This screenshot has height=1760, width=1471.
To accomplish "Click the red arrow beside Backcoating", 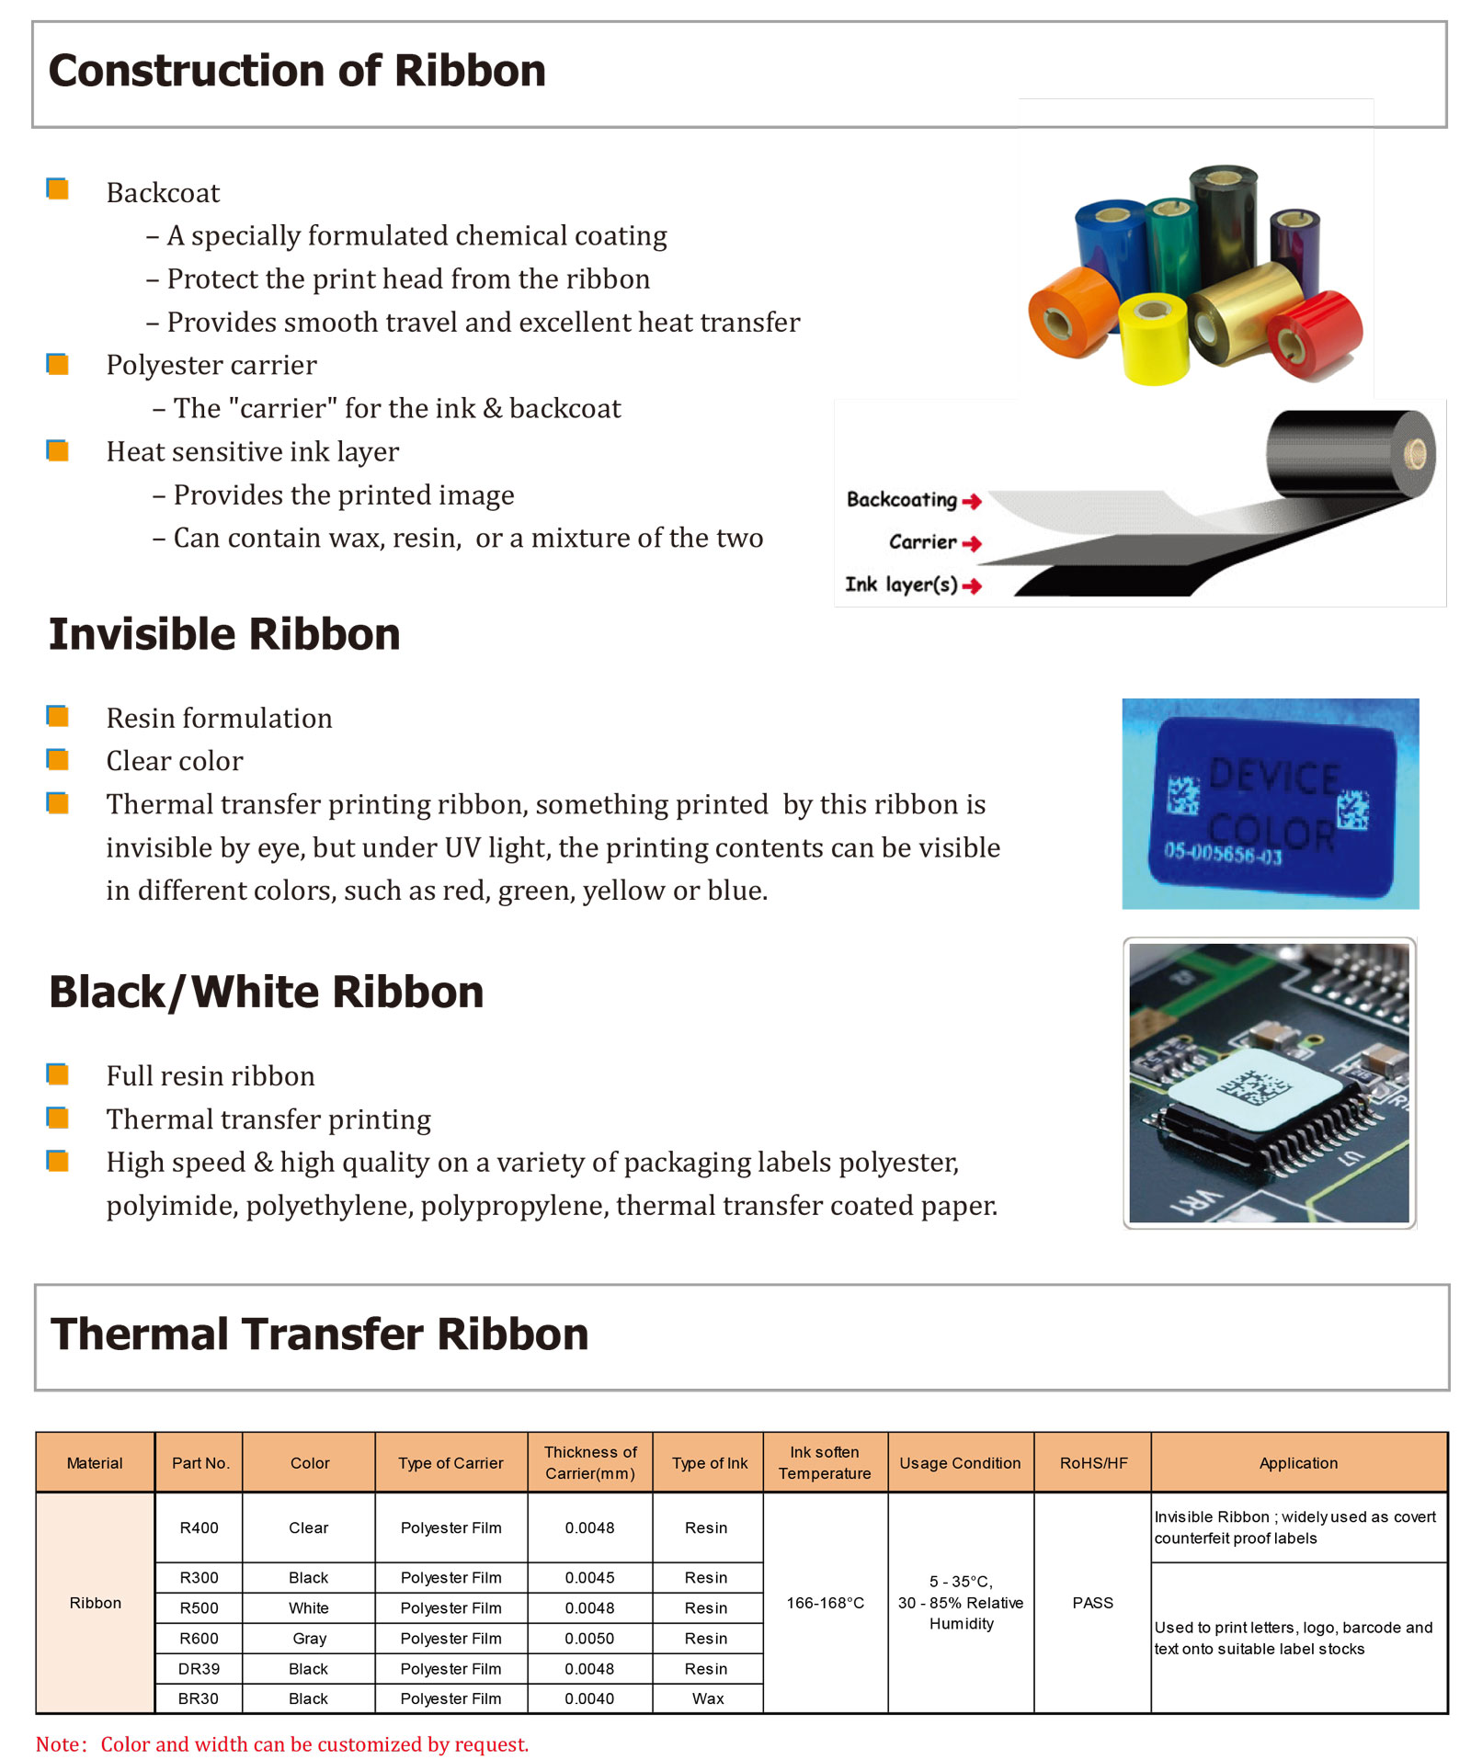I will (x=972, y=501).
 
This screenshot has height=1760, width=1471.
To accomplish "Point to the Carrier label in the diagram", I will (x=922, y=542).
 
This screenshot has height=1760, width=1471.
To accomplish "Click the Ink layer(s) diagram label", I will (x=901, y=585).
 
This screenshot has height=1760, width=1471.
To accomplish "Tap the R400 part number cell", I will (x=199, y=1527).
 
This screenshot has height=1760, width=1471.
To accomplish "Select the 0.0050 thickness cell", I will (x=589, y=1638).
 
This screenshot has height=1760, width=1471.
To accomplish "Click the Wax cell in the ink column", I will (x=707, y=1698).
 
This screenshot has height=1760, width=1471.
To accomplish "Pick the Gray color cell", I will (x=309, y=1638).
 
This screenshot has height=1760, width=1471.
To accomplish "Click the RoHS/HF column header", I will (x=1092, y=1462).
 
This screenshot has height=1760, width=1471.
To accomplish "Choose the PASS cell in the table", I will (x=1092, y=1602).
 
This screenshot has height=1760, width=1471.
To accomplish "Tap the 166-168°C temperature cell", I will (x=825, y=1602).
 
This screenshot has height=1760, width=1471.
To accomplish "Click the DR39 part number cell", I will (x=199, y=1668).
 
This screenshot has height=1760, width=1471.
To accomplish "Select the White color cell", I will (x=309, y=1607).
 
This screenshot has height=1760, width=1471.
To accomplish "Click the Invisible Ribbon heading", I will (x=224, y=634).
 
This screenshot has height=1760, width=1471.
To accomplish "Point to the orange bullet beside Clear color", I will (x=58, y=759).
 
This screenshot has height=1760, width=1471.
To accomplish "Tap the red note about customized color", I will (x=282, y=1743).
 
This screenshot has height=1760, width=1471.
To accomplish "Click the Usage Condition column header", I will (x=960, y=1462).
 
